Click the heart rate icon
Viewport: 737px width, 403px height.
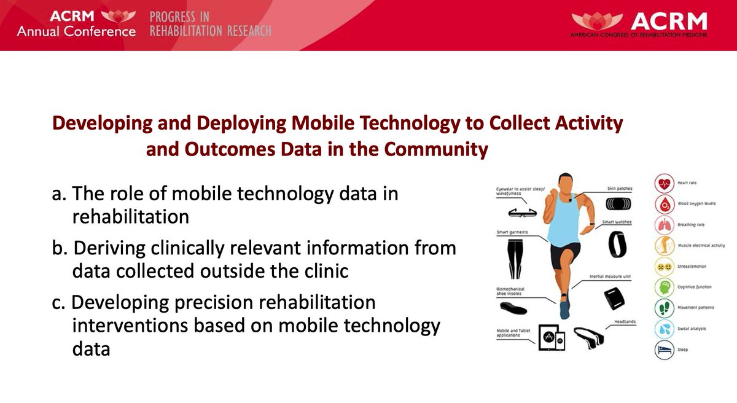(663, 183)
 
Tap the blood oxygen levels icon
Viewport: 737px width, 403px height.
(663, 204)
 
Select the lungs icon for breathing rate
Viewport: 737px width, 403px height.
(663, 225)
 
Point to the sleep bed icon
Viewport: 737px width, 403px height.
(663, 350)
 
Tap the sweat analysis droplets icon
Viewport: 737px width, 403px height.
(663, 329)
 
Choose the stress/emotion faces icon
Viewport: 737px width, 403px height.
(663, 267)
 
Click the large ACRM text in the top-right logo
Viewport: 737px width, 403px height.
(679, 23)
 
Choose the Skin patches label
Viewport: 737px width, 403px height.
(617, 189)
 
